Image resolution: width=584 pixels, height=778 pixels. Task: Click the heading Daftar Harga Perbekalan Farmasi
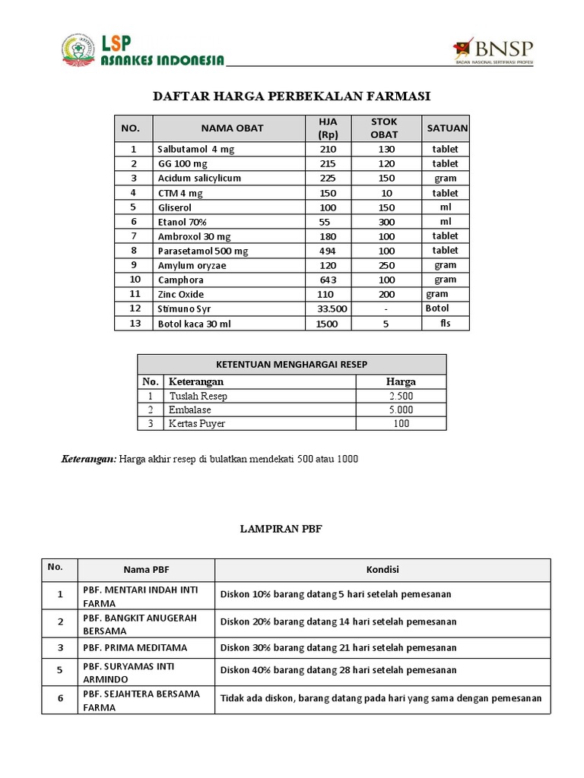(x=292, y=96)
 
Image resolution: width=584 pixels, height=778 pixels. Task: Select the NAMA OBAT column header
(x=232, y=128)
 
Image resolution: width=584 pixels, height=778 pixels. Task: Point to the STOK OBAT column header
(x=384, y=128)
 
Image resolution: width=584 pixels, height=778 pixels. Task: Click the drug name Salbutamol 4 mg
(x=195, y=150)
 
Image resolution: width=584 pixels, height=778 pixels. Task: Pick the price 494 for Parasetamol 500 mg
(x=328, y=251)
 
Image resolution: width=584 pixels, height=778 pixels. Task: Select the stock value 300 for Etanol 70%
(x=386, y=222)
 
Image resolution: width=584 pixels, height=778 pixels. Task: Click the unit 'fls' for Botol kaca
(x=446, y=324)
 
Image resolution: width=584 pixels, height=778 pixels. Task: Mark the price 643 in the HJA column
(x=328, y=280)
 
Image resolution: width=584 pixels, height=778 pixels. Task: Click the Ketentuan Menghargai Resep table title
(x=292, y=365)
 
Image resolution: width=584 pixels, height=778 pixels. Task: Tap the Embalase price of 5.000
(x=401, y=410)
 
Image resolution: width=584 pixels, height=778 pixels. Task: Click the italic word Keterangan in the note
(x=88, y=460)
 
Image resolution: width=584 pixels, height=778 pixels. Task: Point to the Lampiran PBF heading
(x=292, y=530)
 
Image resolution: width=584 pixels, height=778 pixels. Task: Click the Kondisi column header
(x=382, y=570)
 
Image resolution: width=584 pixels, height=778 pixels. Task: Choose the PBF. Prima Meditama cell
(x=135, y=648)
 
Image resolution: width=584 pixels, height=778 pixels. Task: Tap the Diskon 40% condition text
(x=338, y=670)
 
